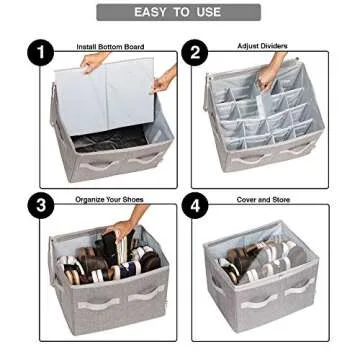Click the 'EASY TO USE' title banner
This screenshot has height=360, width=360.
click(x=178, y=12)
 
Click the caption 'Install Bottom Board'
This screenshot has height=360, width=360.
click(x=110, y=47)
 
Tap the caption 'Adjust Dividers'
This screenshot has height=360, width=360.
click(x=262, y=46)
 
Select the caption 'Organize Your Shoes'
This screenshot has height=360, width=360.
click(x=109, y=200)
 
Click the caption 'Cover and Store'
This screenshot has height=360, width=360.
click(x=262, y=200)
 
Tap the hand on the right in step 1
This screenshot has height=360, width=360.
click(x=163, y=80)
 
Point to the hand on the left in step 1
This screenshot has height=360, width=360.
click(x=92, y=62)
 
